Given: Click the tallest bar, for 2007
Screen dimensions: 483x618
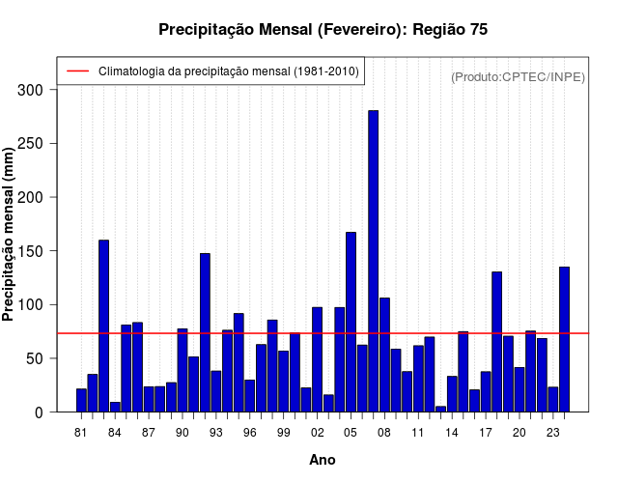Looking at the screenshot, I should (373, 261).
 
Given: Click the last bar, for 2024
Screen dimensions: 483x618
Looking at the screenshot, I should (564, 339).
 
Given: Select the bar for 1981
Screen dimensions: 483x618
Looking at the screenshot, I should (81, 400).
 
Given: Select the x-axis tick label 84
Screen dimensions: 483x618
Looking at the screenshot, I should (115, 433).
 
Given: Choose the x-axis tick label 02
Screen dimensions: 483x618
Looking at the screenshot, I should (317, 433).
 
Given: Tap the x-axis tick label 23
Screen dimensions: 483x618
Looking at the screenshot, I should (552, 433).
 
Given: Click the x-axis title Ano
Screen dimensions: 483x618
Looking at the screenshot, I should (322, 460).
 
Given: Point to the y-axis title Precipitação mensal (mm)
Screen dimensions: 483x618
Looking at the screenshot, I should (10, 235).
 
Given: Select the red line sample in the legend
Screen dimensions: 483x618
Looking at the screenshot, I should (77, 71).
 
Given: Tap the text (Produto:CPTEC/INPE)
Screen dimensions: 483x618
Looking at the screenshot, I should (518, 76).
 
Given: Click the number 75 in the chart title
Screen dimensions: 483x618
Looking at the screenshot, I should (478, 30).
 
